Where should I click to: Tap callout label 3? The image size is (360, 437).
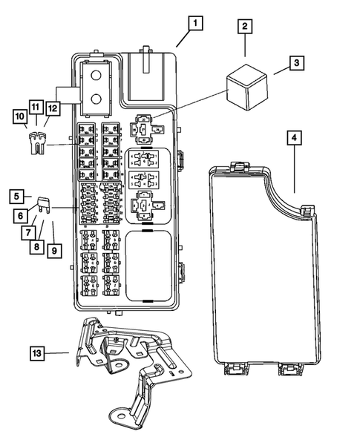click(x=295, y=63)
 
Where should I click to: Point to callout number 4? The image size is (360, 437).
click(x=294, y=138)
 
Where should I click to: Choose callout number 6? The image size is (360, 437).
click(x=22, y=215)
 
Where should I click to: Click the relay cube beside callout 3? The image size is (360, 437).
click(x=247, y=79)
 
